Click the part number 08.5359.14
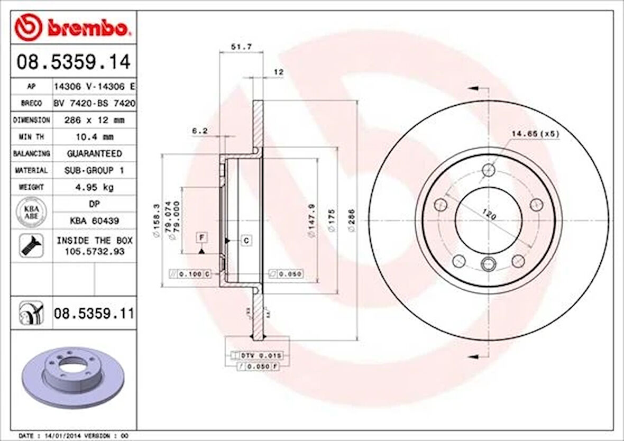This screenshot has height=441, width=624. click(73, 62)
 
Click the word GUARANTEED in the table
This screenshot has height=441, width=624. click(94, 153)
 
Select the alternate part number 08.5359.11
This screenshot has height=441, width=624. click(93, 314)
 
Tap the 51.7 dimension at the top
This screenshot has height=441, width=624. click(241, 47)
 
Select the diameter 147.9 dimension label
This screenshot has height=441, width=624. click(313, 221)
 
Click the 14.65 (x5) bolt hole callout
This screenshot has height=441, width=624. click(535, 134)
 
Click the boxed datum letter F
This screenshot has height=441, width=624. click(201, 237)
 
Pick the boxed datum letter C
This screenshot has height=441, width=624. click(247, 241)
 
